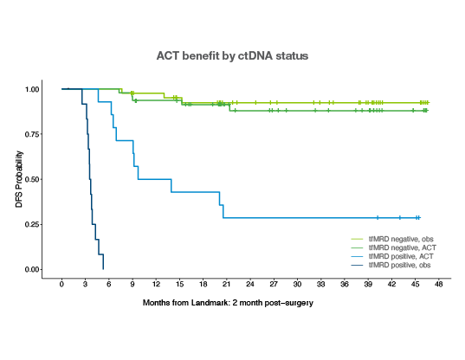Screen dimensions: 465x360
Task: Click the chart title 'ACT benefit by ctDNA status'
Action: [x=232, y=55]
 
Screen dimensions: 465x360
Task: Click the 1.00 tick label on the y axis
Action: [x=32, y=89]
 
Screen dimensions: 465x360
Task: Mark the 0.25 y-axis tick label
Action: [x=32, y=225]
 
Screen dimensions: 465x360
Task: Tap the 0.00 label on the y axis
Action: [x=32, y=270]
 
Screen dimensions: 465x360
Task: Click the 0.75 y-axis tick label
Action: [x=32, y=134]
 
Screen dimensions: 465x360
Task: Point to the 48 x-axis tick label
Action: [x=439, y=284]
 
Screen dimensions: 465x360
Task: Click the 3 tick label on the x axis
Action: [x=85, y=284]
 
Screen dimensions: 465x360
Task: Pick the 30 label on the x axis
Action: [x=297, y=284]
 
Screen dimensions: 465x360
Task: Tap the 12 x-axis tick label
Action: [x=156, y=284]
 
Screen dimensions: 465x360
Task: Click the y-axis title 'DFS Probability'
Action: [x=19, y=179]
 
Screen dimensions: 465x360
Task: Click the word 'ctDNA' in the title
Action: [x=255, y=55]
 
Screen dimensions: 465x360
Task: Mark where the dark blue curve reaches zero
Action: [x=103, y=269]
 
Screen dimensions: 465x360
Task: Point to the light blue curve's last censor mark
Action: [x=418, y=218]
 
